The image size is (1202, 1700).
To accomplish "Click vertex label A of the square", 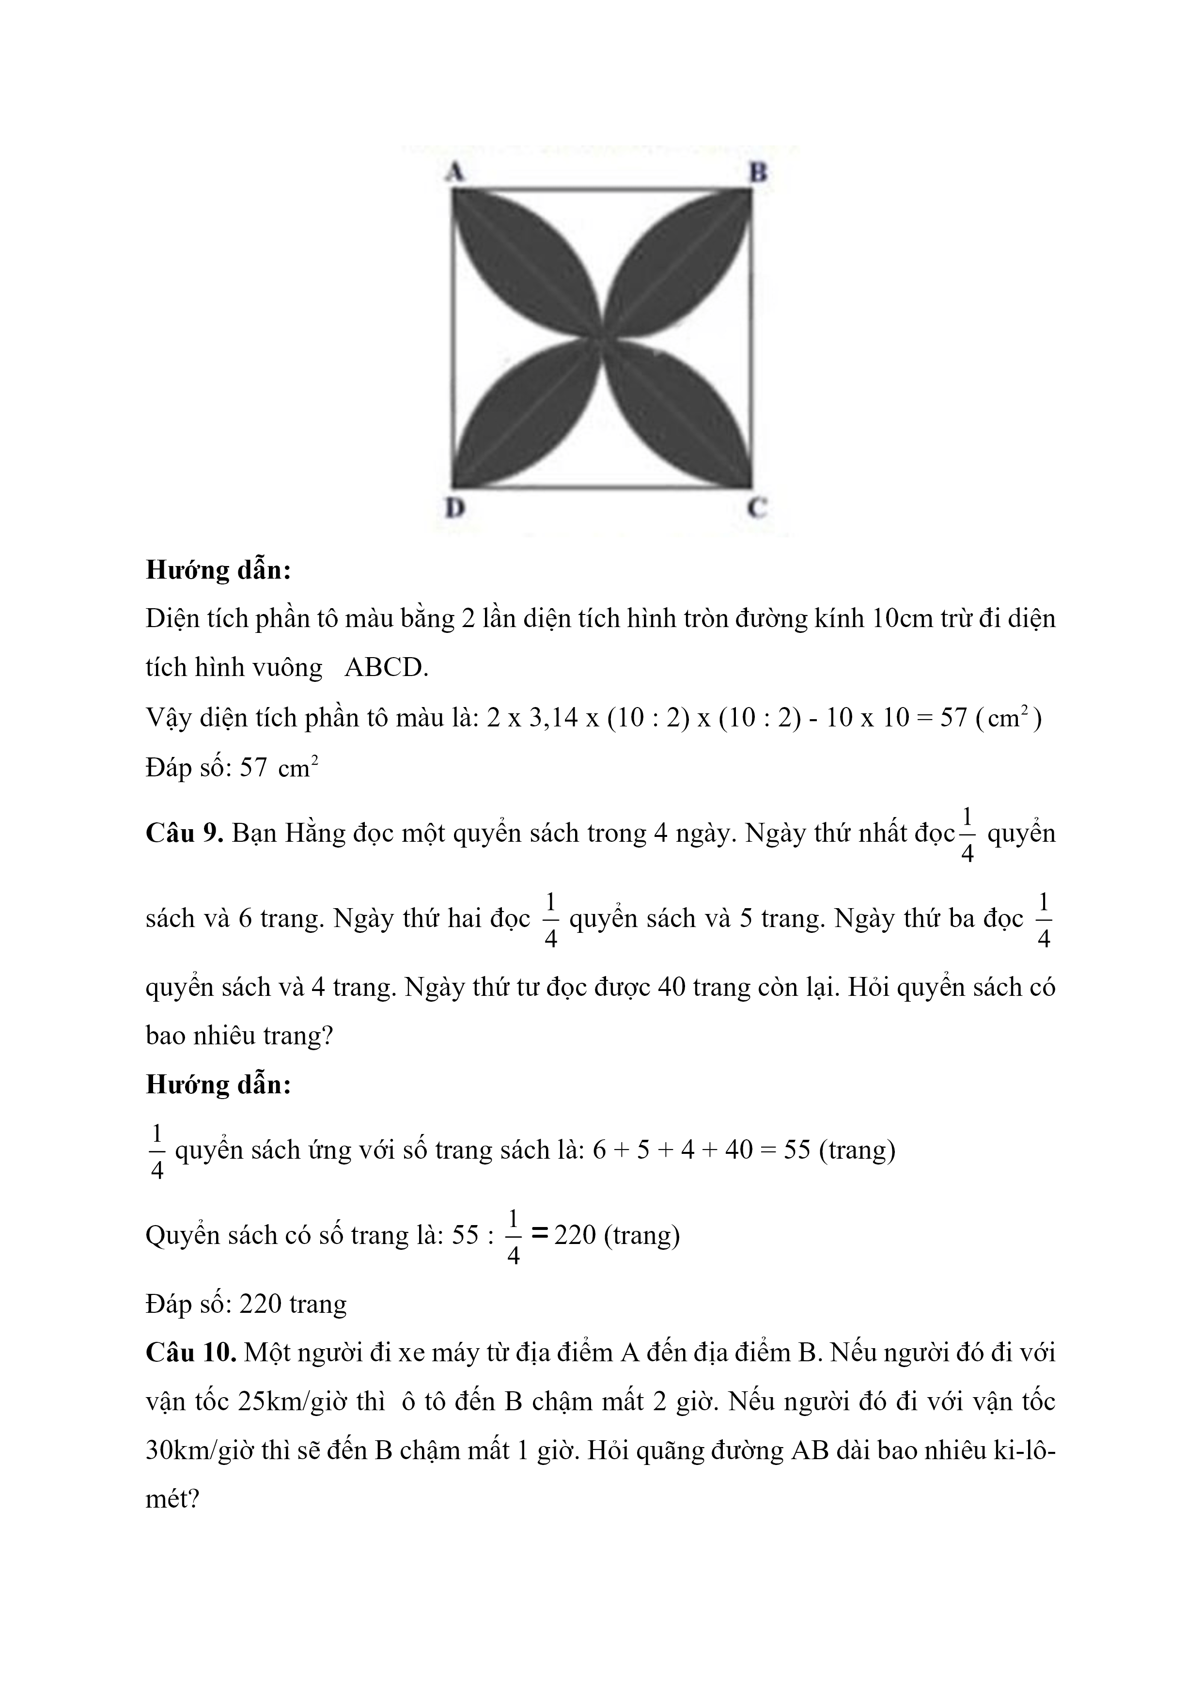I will [x=455, y=173].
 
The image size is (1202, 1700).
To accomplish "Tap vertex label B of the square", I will [x=758, y=173].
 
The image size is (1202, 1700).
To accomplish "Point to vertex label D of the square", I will [x=454, y=509].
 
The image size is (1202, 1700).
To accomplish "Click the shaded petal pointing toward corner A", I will [x=526, y=263].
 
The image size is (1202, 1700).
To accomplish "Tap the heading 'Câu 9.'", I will [x=184, y=834].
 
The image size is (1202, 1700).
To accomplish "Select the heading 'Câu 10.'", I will [x=191, y=1353].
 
